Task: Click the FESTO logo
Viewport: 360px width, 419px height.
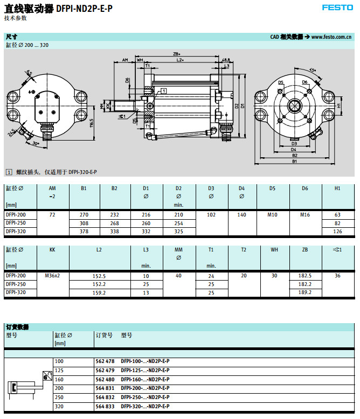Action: point(337,8)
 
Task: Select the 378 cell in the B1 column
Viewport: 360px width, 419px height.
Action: point(84,231)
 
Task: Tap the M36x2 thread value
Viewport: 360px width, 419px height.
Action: point(52,276)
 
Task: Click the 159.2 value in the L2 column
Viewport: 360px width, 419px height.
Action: point(99,292)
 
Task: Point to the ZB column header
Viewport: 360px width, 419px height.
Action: point(304,250)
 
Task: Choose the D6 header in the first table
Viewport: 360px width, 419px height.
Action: point(305,188)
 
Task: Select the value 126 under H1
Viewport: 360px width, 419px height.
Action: point(337,231)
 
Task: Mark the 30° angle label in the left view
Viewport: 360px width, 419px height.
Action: point(36,144)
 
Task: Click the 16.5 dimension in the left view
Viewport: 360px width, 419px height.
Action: point(92,123)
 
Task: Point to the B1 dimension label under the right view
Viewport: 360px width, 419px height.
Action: point(294,161)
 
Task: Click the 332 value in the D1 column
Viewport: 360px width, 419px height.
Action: point(146,231)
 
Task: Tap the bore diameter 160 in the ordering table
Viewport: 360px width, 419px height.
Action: point(59,379)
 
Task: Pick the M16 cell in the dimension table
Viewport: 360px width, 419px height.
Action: point(305,215)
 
